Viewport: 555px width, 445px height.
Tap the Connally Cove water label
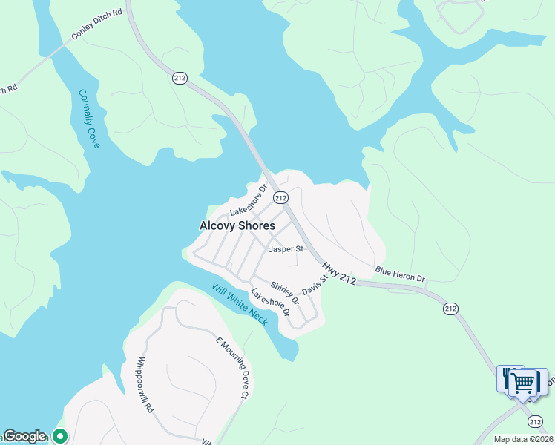(x=89, y=119)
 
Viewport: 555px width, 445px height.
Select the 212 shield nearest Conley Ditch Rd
(x=179, y=78)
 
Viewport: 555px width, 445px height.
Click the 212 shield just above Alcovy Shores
(x=280, y=197)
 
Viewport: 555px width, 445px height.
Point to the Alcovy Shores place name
(x=237, y=225)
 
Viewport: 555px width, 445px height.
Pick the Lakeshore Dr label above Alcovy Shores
(x=248, y=201)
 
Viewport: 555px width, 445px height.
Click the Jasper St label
(x=286, y=249)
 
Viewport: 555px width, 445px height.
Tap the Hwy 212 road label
(x=339, y=271)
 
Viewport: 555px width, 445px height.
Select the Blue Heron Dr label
(x=400, y=274)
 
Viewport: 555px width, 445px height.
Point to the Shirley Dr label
(x=284, y=293)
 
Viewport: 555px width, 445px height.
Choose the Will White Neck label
(x=239, y=304)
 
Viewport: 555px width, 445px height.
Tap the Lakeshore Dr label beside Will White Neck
(x=270, y=303)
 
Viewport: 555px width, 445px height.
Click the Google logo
(x=24, y=436)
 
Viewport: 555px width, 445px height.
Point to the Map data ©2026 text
(x=523, y=439)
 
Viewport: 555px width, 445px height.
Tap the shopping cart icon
(x=525, y=383)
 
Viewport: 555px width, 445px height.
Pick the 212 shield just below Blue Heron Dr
(x=450, y=308)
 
